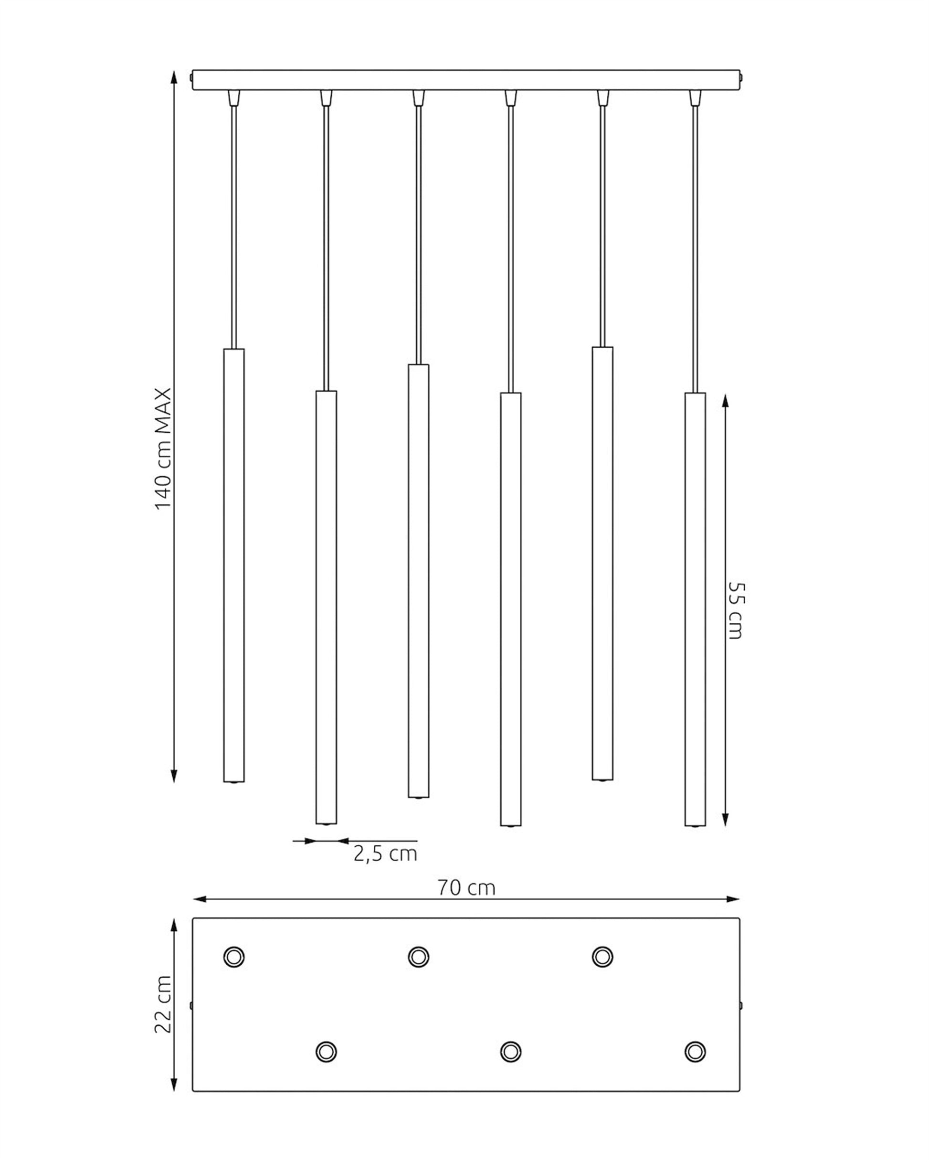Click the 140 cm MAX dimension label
[163, 448]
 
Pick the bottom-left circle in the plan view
[326, 1051]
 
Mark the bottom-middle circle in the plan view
[511, 1051]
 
